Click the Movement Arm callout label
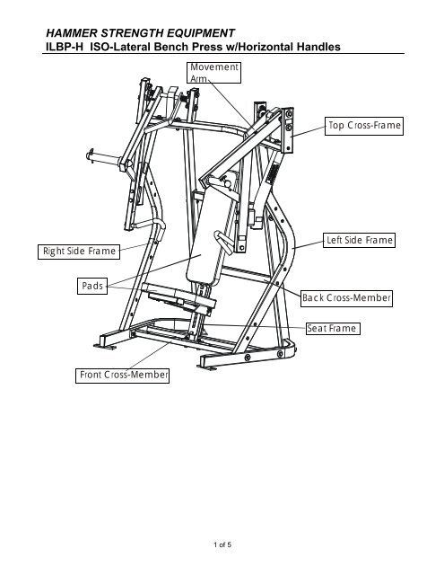pos(214,73)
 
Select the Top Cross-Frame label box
pos(364,126)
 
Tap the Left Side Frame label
pos(359,240)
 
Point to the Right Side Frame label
pos(79,252)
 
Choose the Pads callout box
pos(92,286)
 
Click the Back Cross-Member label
pos(346,298)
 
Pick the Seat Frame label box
pos(333,328)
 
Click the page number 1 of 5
pos(222,544)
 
